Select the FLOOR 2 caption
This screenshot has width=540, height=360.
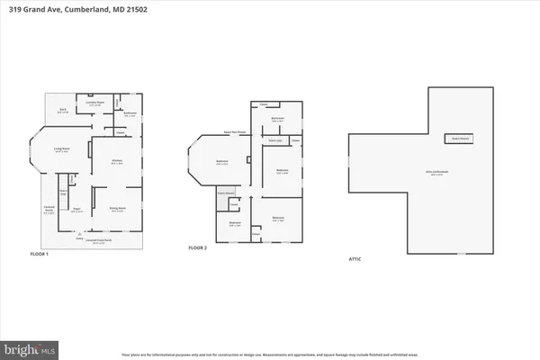coord(198,247)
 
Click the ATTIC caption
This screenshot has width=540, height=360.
coord(355,259)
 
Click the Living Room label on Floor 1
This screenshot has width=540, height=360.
coord(63,150)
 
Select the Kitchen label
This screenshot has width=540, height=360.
coord(116,162)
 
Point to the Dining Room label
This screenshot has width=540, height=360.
coord(117,210)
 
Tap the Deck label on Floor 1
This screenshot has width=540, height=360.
coord(63,111)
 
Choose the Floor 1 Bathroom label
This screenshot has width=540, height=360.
coord(129,113)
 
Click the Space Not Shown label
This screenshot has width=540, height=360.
coord(237,131)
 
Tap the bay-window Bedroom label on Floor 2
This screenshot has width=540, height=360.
coord(221,162)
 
